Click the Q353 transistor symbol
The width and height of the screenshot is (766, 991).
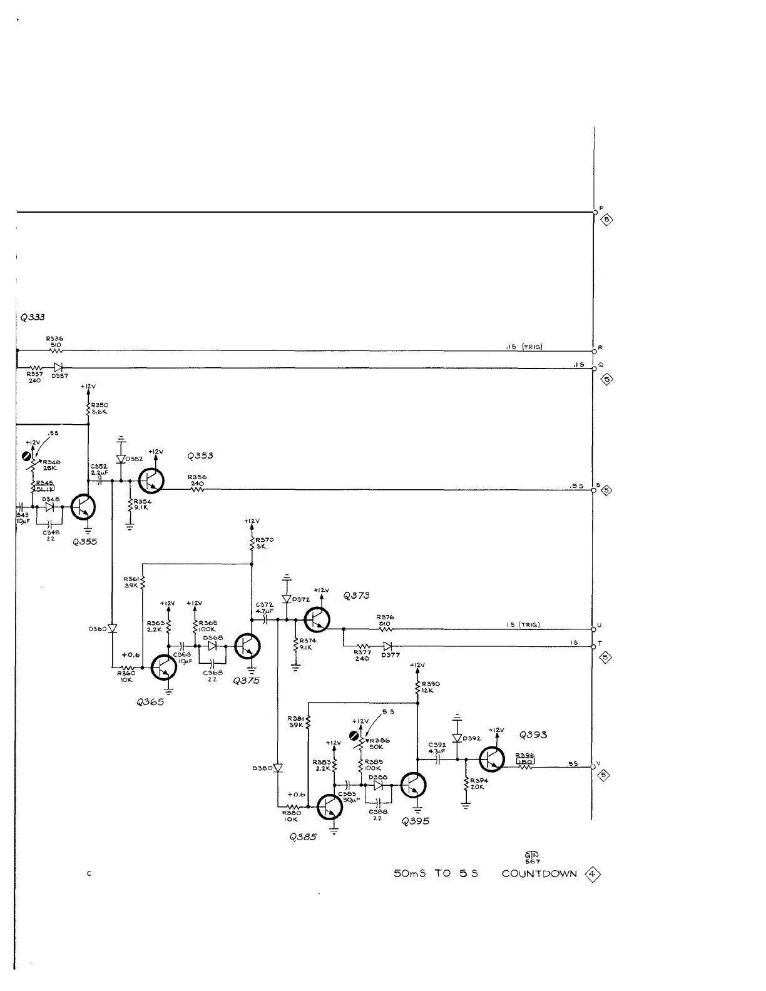151,481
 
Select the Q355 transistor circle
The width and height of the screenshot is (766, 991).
83,507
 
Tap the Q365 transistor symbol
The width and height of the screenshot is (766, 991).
164,668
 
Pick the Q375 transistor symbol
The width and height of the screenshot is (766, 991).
248,646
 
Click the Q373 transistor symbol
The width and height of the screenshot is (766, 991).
317,620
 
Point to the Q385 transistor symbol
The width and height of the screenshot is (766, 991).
330,808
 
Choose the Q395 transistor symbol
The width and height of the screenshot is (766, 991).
414,785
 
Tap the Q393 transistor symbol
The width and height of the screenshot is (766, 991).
492,760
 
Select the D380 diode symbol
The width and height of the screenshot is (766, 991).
278,768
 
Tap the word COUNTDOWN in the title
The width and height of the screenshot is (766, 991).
539,873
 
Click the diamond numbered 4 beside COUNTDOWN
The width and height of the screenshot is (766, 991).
592,873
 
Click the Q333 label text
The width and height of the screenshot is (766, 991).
32,317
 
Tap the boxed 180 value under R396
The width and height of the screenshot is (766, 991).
524,761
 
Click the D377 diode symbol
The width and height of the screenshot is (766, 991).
388,646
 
